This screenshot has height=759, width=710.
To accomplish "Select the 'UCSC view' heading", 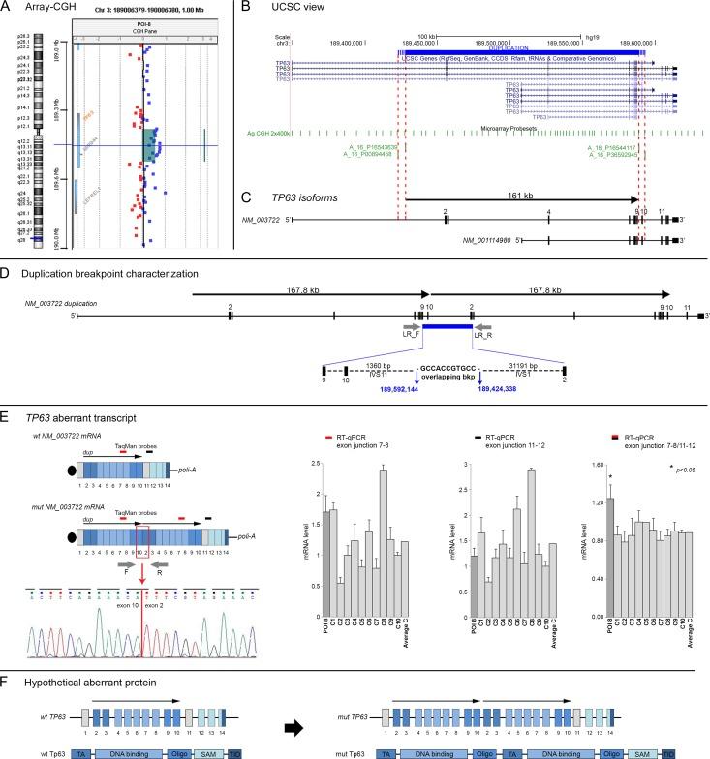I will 289,8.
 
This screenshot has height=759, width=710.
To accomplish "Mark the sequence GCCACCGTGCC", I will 447,368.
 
